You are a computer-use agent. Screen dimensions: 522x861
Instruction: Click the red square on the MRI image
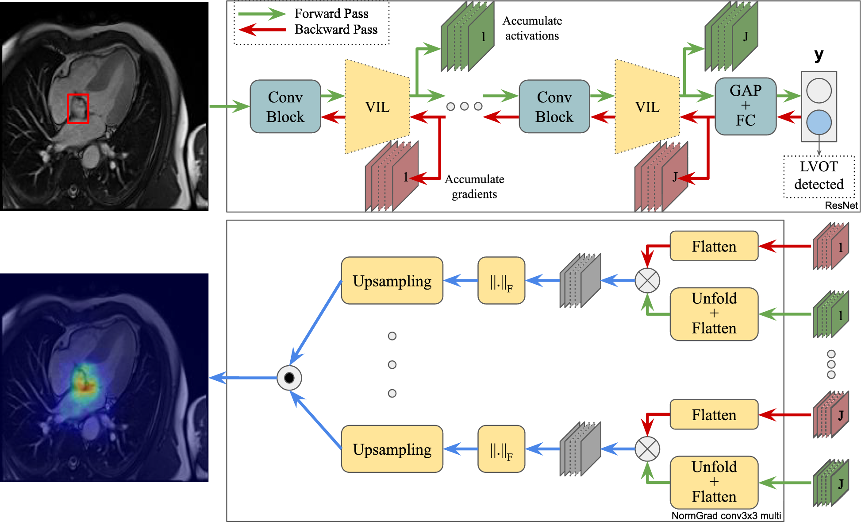[78, 108]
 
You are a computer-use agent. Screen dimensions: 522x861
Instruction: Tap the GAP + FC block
[746, 106]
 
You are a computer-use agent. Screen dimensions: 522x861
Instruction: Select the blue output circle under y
[819, 122]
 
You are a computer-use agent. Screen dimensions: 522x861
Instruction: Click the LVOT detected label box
[819, 176]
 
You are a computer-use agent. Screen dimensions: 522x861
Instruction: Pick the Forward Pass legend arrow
[261, 14]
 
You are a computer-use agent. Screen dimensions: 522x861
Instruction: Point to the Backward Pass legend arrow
[261, 30]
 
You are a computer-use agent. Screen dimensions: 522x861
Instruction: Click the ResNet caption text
[841, 205]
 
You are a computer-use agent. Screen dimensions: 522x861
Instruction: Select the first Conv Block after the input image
[285, 107]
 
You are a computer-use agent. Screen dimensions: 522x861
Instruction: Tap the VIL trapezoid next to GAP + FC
[647, 107]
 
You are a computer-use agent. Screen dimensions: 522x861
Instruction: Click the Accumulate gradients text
[474, 186]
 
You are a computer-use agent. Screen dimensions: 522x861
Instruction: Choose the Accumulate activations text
[532, 28]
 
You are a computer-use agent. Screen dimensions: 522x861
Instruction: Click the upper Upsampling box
[392, 281]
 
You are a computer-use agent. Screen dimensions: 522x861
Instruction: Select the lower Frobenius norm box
[501, 449]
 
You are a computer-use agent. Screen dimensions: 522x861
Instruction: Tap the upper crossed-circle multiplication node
[647, 280]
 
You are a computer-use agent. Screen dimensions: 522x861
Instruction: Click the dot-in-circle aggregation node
[289, 378]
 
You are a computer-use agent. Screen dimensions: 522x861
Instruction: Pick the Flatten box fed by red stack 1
[714, 246]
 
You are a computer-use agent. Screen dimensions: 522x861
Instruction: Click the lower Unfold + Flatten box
[714, 482]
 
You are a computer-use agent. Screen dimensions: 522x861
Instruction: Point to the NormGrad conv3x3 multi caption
[726, 516]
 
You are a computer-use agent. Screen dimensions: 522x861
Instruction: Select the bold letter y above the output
[819, 55]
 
